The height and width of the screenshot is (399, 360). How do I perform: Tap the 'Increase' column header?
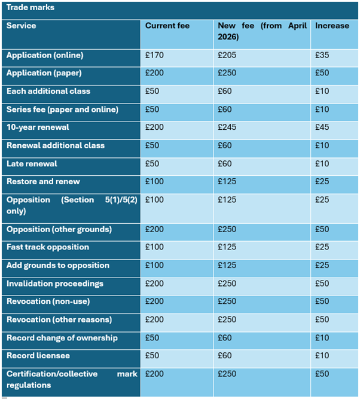point(332,26)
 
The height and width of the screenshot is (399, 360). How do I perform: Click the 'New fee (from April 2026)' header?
point(262,31)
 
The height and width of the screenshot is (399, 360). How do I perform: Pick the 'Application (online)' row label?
point(45,56)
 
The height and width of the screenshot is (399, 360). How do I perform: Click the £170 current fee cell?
point(154,56)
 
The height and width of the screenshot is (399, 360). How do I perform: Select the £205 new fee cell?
point(227,56)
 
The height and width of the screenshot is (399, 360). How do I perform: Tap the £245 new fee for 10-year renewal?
point(227,127)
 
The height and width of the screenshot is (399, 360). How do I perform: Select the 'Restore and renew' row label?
point(43,181)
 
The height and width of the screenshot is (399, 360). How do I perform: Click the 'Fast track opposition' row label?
point(48,247)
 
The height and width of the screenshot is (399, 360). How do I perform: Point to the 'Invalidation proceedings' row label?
point(55,284)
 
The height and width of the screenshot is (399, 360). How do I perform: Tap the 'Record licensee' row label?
point(38,356)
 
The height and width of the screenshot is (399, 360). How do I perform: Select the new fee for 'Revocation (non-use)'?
point(227,301)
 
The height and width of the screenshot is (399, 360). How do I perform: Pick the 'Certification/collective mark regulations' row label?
point(72,379)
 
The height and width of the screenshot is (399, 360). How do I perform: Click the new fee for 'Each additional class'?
point(225,92)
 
